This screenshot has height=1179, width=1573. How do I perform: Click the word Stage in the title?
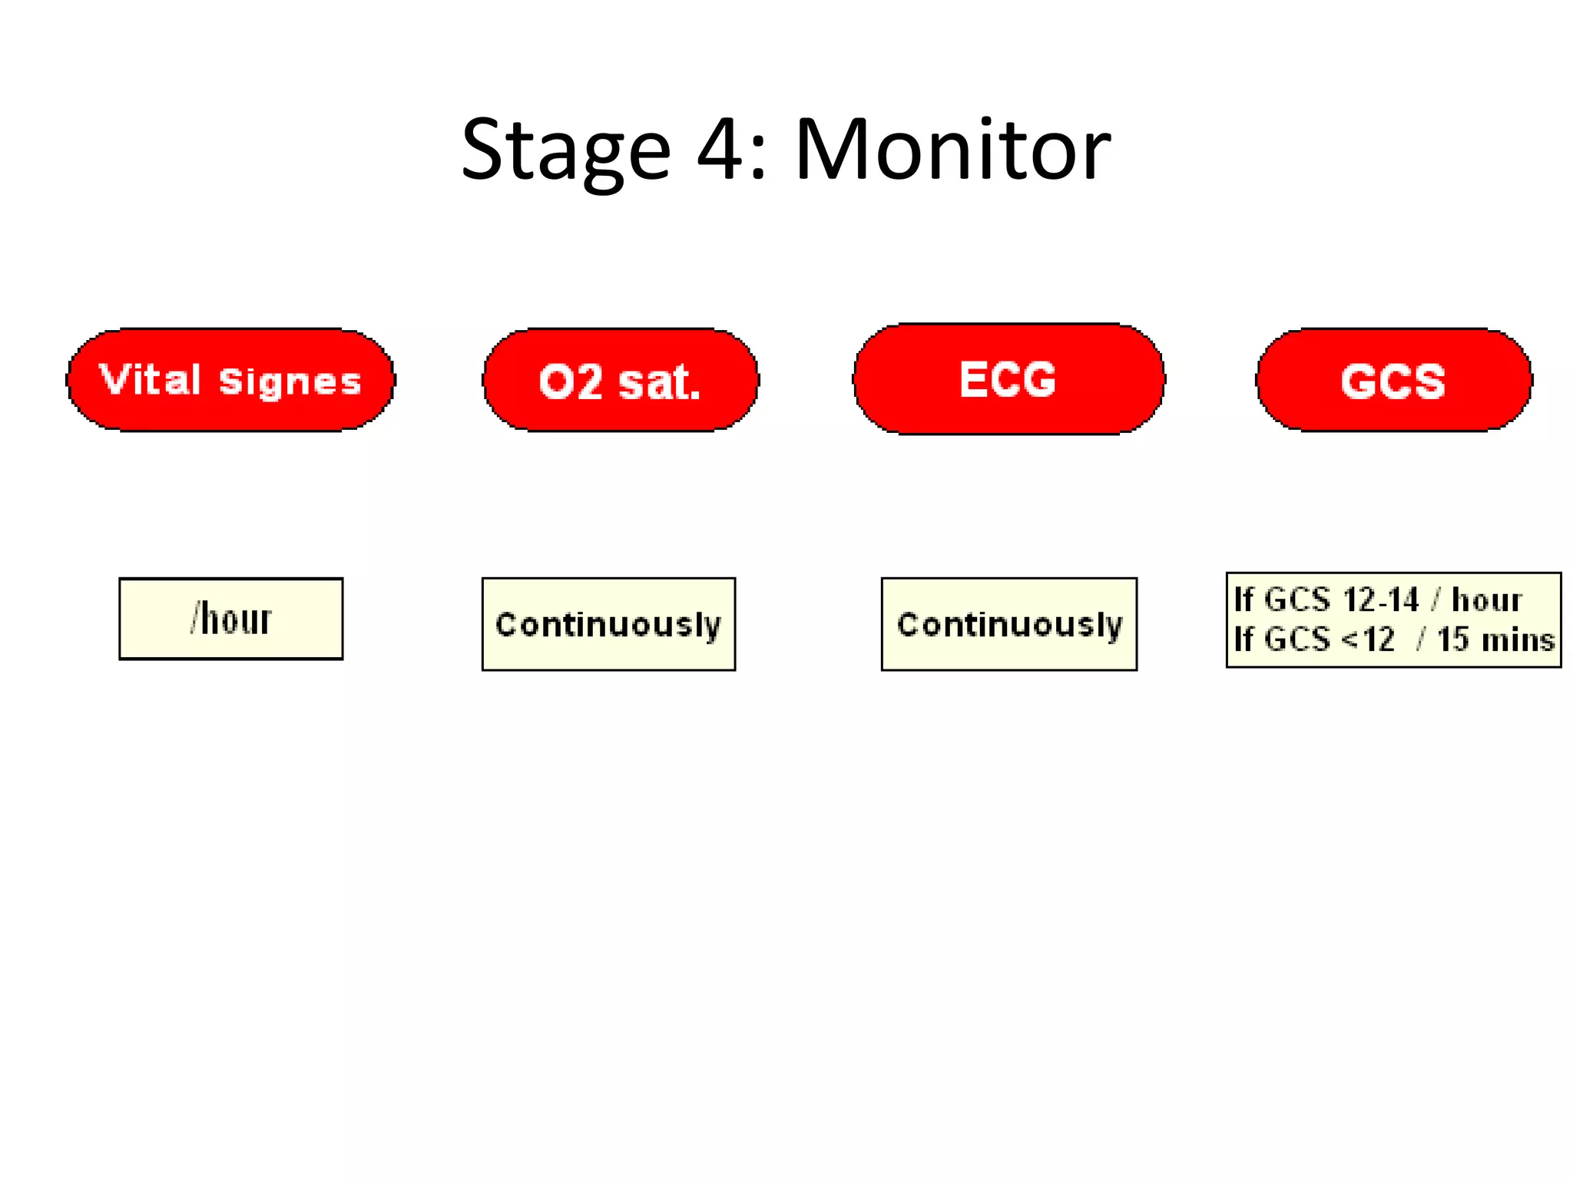[566, 151]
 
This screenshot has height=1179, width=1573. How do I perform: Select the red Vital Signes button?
[230, 381]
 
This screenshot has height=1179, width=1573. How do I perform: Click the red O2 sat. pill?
[621, 381]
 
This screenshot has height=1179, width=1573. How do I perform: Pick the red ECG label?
[1008, 379]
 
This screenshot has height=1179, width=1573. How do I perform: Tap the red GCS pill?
[1393, 381]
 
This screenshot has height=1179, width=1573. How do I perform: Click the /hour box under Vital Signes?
[231, 619]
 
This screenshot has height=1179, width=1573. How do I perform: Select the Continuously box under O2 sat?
[608, 624]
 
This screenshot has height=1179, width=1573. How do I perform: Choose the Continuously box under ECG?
[1009, 624]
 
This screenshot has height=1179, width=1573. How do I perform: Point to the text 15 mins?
[1495, 639]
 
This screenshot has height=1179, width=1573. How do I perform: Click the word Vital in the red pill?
[150, 380]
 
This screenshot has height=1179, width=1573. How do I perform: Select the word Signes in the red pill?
[290, 382]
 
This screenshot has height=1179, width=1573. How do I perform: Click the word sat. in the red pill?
[659, 382]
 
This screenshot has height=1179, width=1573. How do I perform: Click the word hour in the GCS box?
[1486, 599]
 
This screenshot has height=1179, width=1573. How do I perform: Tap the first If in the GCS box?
[1243, 599]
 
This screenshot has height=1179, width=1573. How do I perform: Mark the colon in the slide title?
[759, 157]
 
